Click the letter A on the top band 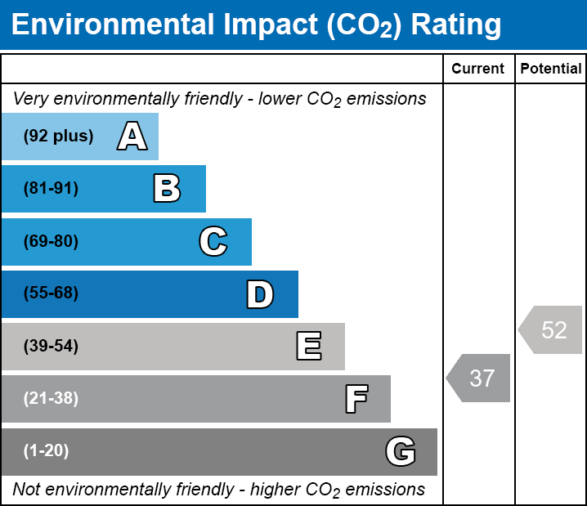(132, 137)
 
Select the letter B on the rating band (167, 189)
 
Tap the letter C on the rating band (213, 242)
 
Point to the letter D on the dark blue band (260, 294)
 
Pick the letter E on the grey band (308, 347)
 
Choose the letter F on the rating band (356, 400)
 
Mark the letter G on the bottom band (401, 451)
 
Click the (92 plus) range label (58, 137)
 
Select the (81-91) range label (51, 189)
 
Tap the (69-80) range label (51, 242)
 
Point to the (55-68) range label (51, 293)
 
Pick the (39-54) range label (51, 347)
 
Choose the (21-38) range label (51, 399)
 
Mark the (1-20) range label (47, 451)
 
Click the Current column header (478, 69)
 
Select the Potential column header (551, 69)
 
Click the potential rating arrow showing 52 (551, 330)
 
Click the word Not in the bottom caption (27, 490)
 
